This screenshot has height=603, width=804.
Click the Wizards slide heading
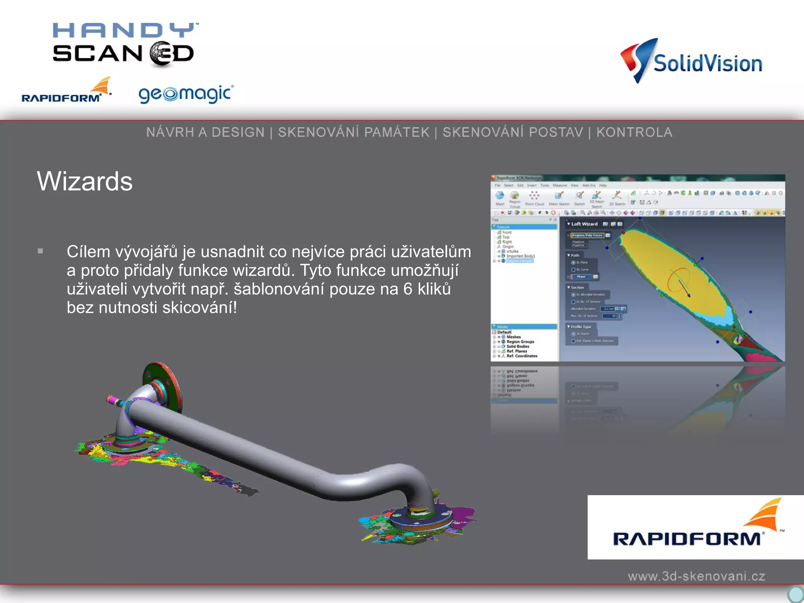click(x=85, y=181)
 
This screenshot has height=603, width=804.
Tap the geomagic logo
click(x=186, y=94)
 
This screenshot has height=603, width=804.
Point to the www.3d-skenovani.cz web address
click(x=696, y=576)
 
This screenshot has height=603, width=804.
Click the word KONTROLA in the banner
click(x=634, y=132)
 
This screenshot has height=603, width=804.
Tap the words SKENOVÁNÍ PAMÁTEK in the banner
click(x=354, y=132)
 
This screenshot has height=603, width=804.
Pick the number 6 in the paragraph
click(x=408, y=289)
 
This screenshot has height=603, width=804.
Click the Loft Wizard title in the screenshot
click(x=584, y=224)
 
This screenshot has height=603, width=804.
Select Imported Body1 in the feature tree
click(x=521, y=256)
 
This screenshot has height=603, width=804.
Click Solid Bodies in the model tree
click(x=518, y=347)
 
